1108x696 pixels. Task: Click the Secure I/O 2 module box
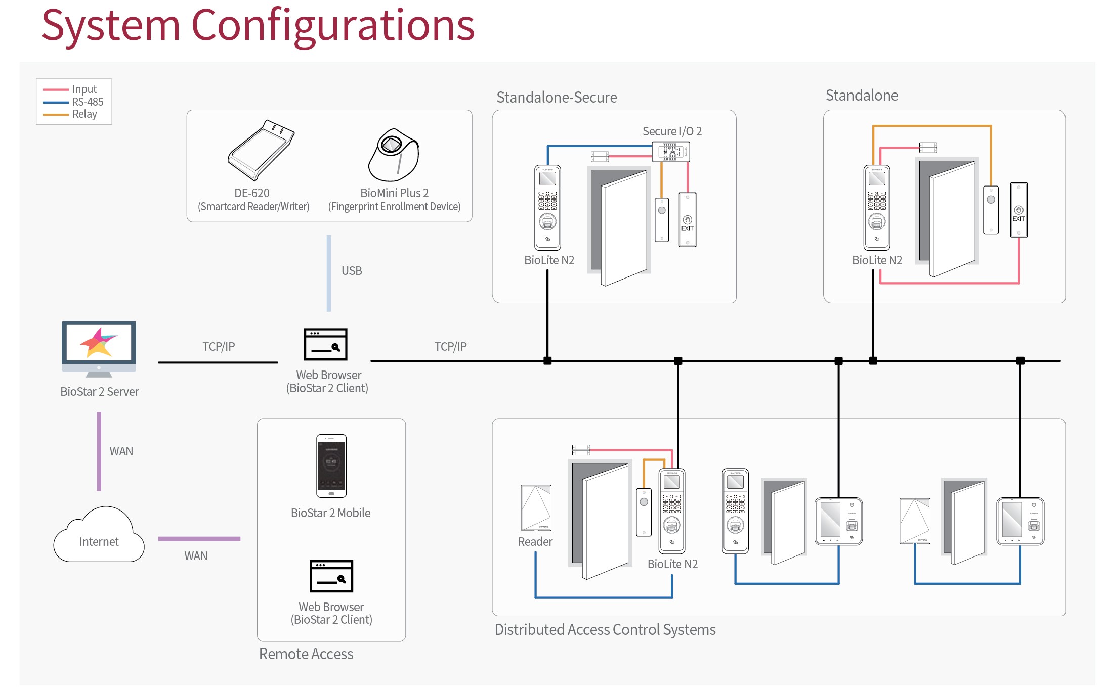(x=670, y=152)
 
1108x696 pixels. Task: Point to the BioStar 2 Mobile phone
(x=331, y=466)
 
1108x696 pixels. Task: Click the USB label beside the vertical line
(x=352, y=271)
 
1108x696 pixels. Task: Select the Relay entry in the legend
(x=84, y=114)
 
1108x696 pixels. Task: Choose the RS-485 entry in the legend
(x=88, y=102)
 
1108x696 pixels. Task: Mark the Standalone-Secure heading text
(x=557, y=97)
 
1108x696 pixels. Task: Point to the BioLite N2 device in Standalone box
(x=876, y=207)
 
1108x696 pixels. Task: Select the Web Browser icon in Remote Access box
(x=331, y=576)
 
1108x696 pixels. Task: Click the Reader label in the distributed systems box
(x=535, y=542)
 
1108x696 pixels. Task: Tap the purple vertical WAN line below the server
(x=99, y=451)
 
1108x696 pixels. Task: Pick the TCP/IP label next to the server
(x=219, y=347)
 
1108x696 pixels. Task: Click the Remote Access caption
(x=306, y=654)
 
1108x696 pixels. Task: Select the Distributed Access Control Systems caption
(x=605, y=630)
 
